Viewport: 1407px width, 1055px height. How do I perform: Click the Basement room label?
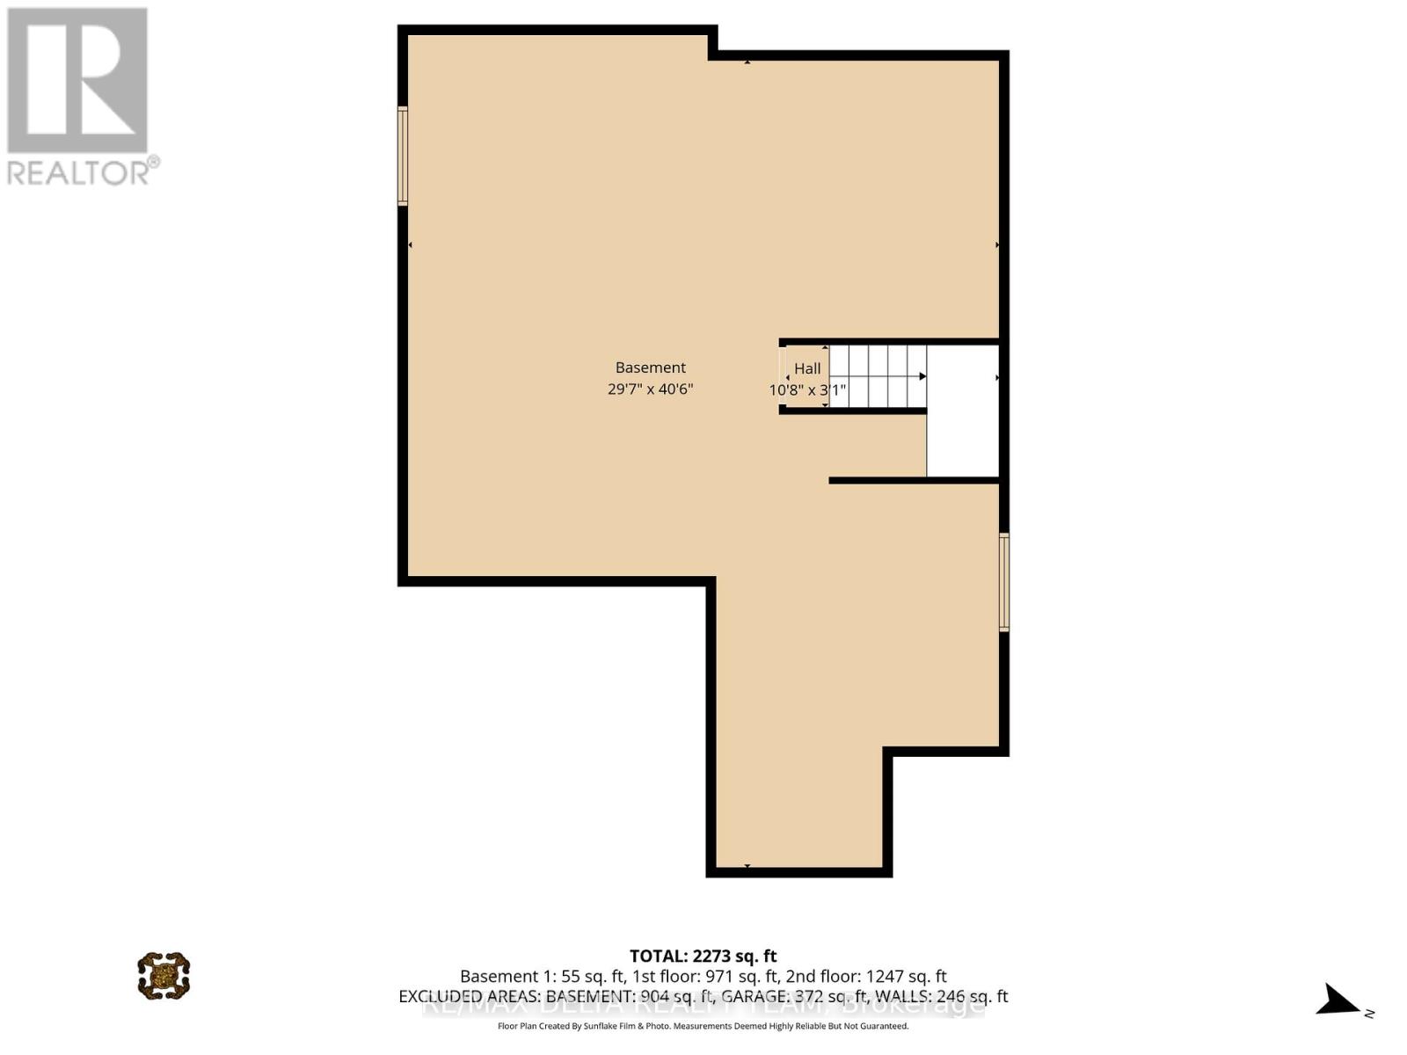(650, 367)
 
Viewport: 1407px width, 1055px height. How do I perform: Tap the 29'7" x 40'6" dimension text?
(650, 389)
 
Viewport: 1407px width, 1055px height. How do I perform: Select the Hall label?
(807, 369)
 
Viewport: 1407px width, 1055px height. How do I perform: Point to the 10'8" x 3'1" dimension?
(807, 389)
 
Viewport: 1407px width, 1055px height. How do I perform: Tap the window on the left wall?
(403, 156)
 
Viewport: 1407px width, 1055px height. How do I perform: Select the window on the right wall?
(1003, 581)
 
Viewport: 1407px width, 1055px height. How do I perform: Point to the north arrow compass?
(1339, 1000)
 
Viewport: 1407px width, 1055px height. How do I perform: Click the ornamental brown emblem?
(164, 975)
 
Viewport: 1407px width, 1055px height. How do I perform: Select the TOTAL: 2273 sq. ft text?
(703, 956)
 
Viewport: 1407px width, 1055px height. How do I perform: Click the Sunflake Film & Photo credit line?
(703, 1026)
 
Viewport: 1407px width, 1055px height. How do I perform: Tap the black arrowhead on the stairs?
(922, 376)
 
